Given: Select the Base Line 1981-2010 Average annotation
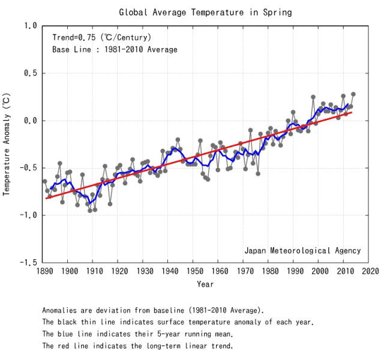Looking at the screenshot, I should pyautogui.click(x=115, y=49).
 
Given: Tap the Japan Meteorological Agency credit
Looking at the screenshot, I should pyautogui.click(x=302, y=250).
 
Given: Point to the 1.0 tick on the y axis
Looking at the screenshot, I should pyautogui.click(x=30, y=26).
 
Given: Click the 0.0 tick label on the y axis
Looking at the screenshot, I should pyautogui.click(x=30, y=121).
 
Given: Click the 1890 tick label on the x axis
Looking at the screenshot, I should pyautogui.click(x=43, y=271).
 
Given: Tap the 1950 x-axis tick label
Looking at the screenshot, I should pyautogui.click(x=193, y=271).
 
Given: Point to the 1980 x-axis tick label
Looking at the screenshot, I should pyautogui.click(x=268, y=271).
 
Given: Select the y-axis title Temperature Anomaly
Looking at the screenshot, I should pyautogui.click(x=7, y=144).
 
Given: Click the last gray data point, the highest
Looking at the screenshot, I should pyautogui.click(x=353, y=94).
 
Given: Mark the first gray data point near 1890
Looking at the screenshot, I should pyautogui.click(x=44, y=181).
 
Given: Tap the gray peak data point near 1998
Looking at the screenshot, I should pyautogui.click(x=313, y=97).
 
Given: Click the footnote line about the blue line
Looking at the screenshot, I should pyautogui.click(x=137, y=334).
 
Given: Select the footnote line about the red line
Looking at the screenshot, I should pyautogui.click(x=137, y=346).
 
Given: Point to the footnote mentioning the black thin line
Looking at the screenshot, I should pyautogui.click(x=178, y=322).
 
